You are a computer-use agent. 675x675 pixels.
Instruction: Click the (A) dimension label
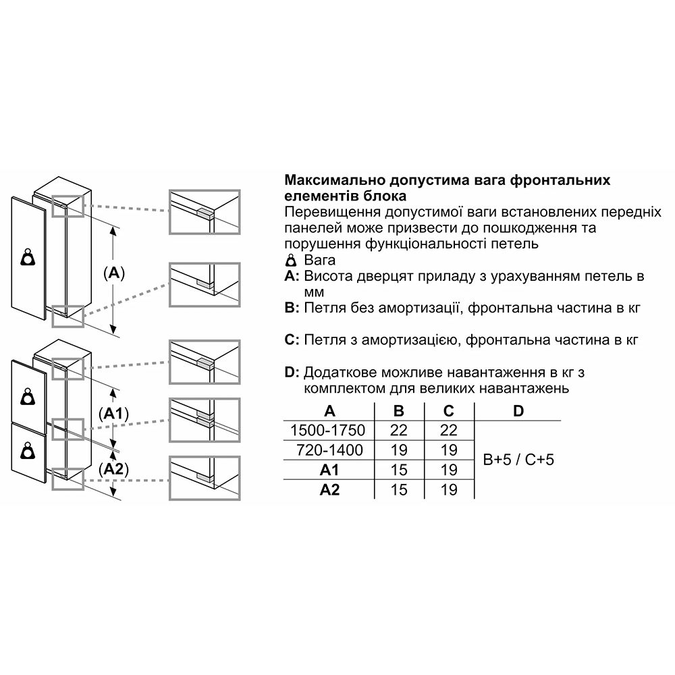[x=113, y=273]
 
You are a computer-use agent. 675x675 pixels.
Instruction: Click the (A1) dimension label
[x=113, y=413]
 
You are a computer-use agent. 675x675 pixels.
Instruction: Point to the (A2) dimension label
[x=113, y=468]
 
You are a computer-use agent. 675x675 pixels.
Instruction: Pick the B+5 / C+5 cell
[x=518, y=460]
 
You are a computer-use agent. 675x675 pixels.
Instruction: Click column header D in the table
[x=518, y=411]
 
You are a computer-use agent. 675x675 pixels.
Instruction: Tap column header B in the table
[x=400, y=411]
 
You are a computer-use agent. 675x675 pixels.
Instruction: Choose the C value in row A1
[x=449, y=470]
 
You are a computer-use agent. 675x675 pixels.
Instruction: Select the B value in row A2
[x=400, y=489]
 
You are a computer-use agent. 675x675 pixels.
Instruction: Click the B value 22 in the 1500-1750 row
[x=400, y=430]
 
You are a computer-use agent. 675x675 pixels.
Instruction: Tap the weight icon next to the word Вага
[x=291, y=261]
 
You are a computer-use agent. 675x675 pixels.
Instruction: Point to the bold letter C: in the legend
[x=292, y=340]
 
